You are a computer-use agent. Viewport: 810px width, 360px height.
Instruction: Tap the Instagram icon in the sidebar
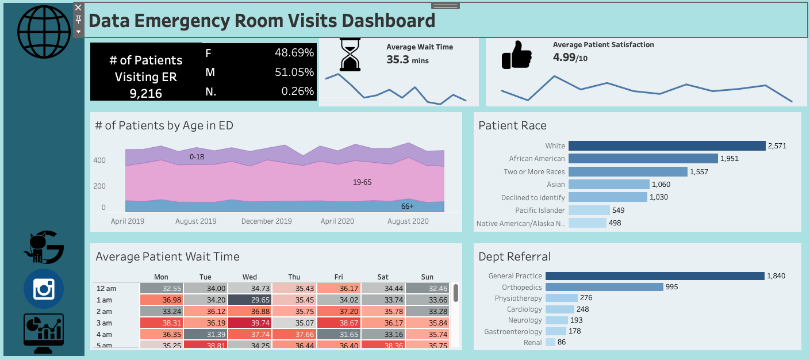pos(43,289)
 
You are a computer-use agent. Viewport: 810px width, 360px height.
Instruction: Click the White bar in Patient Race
pos(667,145)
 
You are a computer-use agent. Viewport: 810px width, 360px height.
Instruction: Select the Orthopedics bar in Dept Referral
pos(604,287)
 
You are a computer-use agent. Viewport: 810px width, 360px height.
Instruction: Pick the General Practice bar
pos(655,276)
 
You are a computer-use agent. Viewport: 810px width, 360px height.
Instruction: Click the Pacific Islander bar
pos(589,210)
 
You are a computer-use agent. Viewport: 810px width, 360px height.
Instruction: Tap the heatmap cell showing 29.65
pos(249,300)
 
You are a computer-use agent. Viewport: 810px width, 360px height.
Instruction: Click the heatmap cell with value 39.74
pos(249,323)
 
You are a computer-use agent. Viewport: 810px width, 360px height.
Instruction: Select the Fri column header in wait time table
pos(339,277)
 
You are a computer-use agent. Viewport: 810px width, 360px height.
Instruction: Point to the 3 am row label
pos(104,323)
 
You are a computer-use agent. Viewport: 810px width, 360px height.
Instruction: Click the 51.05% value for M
pos(294,72)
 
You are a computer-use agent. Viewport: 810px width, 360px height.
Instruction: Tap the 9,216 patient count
pos(146,93)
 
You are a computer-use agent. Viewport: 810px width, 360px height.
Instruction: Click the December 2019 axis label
pos(266,221)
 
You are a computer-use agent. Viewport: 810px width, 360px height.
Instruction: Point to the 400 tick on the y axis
pos(99,160)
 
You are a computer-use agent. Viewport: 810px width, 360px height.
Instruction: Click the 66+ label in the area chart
pos(407,205)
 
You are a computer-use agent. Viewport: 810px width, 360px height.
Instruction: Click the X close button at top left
pos(79,7)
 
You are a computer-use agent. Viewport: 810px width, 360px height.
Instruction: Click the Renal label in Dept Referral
pos(533,342)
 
